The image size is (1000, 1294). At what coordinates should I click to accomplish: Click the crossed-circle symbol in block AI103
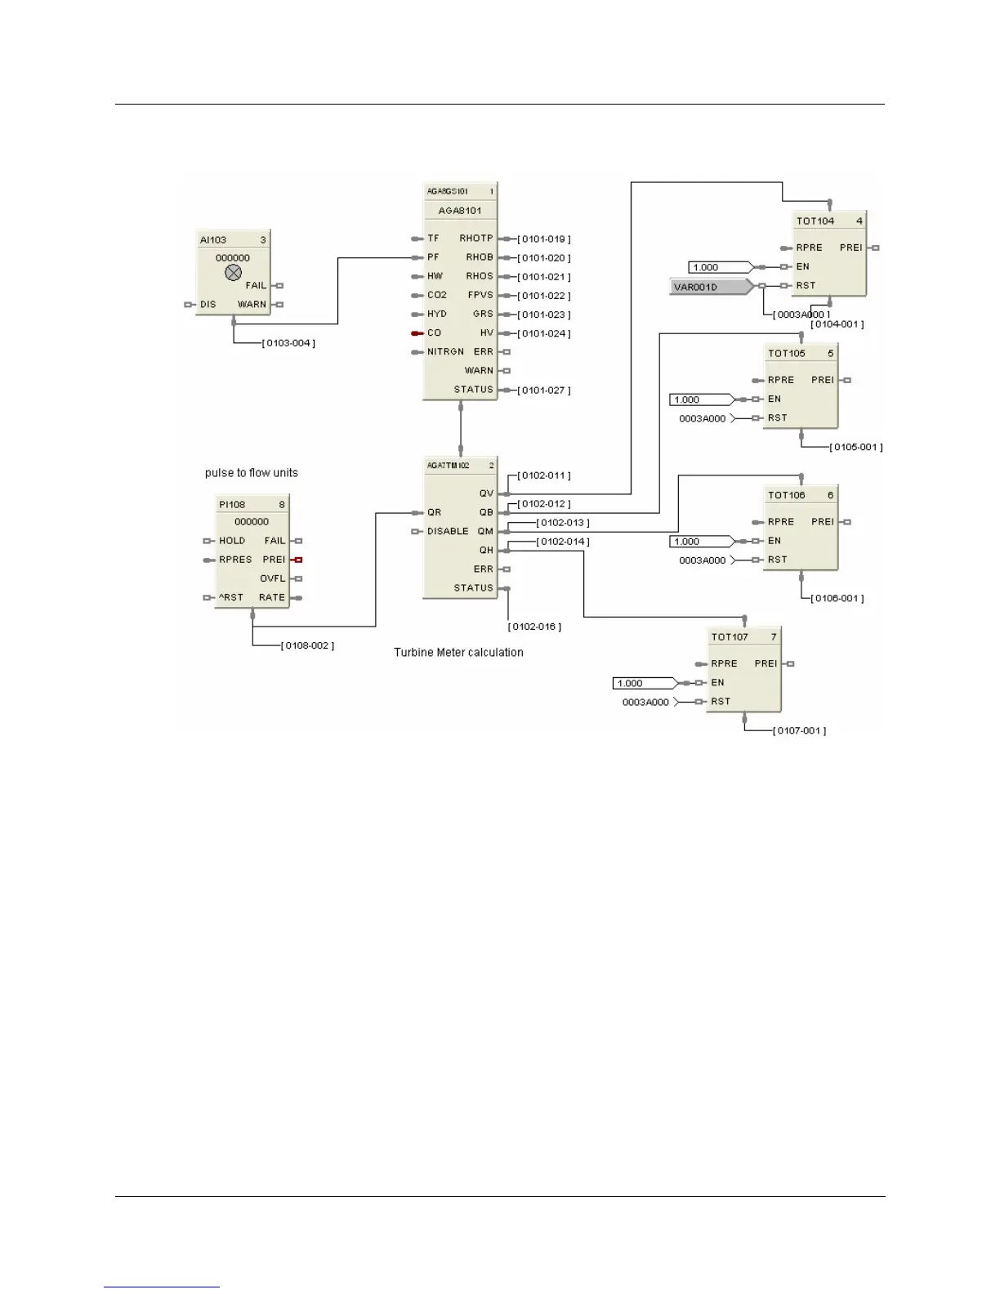(x=233, y=273)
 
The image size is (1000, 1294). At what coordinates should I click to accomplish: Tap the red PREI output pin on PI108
(x=298, y=560)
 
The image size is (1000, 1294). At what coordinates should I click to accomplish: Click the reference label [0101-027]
(x=544, y=390)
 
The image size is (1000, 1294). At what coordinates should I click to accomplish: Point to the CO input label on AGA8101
(x=434, y=333)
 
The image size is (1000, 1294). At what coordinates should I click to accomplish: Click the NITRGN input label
(x=445, y=352)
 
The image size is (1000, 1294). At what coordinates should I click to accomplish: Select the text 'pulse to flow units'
(x=252, y=473)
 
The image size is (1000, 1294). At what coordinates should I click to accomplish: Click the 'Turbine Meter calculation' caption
(x=458, y=653)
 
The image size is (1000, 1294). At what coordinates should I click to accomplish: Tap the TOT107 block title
(x=730, y=637)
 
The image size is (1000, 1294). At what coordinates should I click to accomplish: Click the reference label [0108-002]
(x=307, y=646)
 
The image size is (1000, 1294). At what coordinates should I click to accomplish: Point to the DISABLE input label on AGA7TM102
(x=448, y=532)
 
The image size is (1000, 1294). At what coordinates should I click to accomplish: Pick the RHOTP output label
(x=476, y=239)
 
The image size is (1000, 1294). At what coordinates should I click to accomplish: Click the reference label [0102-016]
(x=534, y=627)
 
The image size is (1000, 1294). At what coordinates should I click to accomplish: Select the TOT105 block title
(x=787, y=354)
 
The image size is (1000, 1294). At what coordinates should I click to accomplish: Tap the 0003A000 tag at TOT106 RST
(x=703, y=560)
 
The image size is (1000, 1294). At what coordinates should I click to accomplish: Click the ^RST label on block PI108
(x=231, y=598)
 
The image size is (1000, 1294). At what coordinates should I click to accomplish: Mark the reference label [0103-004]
(x=288, y=343)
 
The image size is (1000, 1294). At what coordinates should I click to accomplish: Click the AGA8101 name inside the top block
(x=460, y=211)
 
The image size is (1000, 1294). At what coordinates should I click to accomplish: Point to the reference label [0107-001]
(x=799, y=731)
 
